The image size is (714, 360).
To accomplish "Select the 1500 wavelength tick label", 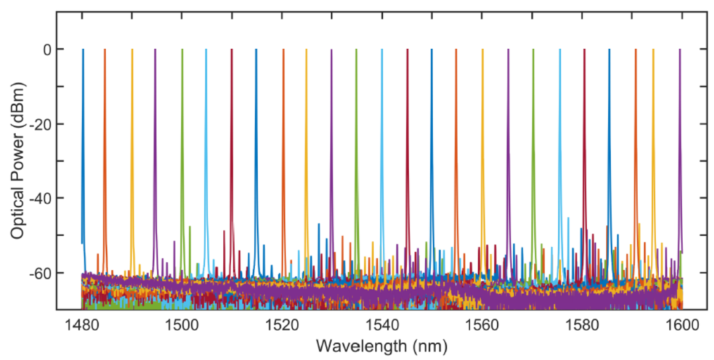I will [182, 326].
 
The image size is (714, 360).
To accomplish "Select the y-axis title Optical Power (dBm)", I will [19, 161].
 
